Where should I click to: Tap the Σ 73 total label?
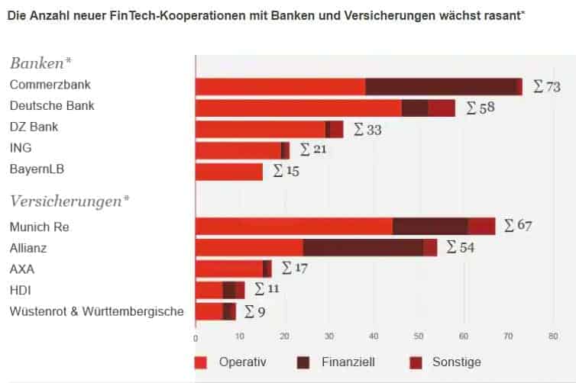548,86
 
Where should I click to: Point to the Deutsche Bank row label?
52,105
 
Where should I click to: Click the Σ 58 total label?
480,108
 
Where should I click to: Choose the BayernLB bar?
229,172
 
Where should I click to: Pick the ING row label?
21,148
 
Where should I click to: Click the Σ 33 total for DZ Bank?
367,130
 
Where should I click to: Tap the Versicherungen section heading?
70,201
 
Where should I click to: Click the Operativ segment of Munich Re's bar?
294,226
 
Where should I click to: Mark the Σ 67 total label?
516,226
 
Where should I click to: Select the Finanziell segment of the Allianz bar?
363,247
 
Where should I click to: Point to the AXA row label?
22,269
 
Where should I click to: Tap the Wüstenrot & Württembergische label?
96,311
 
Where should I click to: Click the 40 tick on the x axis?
374,336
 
